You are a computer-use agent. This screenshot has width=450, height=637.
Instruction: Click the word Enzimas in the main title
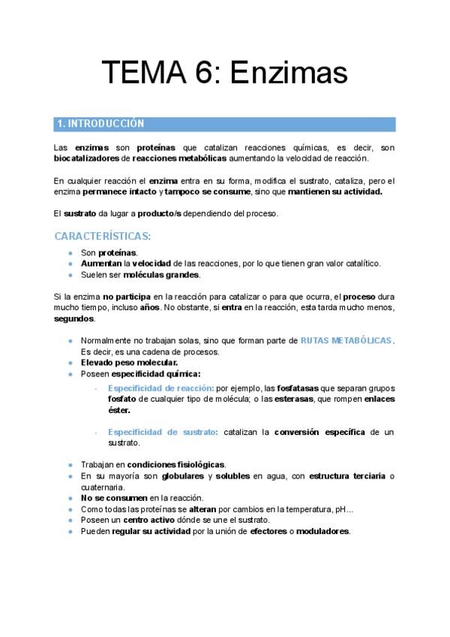289,73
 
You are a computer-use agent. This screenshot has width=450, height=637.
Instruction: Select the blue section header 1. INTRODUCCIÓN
101,124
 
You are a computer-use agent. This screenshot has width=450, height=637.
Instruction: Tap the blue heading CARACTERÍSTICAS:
103,236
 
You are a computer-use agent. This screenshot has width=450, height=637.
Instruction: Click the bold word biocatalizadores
86,158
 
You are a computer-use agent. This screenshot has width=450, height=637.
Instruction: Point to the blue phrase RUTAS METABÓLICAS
346,340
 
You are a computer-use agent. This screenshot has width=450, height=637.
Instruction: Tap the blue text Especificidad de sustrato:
163,432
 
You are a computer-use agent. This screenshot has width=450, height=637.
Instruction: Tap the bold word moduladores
321,531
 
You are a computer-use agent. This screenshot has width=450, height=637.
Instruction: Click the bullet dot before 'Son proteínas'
70,253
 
